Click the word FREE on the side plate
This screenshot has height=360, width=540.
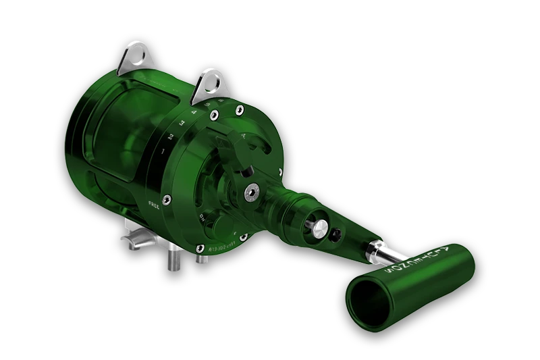pos(153,202)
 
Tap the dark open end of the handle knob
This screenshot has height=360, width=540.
pos(373,304)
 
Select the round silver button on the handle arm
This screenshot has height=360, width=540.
pos(317,228)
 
